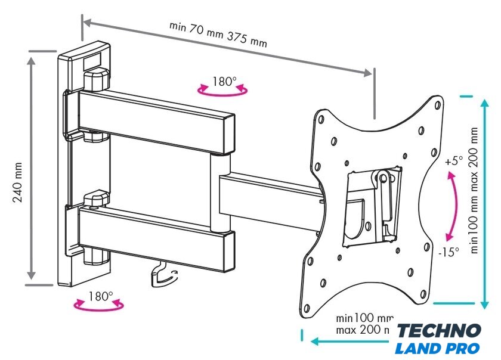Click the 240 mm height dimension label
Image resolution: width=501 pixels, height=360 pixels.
coord(18,182)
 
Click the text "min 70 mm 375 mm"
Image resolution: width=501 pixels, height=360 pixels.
coord(218,35)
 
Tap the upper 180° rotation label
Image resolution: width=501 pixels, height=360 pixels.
coord(225,82)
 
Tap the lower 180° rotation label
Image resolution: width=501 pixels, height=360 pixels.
coord(101,296)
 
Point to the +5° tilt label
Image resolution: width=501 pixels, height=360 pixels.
coord(453,161)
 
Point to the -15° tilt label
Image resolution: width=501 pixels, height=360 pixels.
coord(449,252)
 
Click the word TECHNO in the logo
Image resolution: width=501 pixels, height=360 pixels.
coord(438,331)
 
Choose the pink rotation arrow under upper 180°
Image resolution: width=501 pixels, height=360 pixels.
coord(224,91)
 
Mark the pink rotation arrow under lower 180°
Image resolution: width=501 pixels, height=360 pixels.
coord(98,306)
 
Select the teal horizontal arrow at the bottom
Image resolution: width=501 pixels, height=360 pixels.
coord(352,342)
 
